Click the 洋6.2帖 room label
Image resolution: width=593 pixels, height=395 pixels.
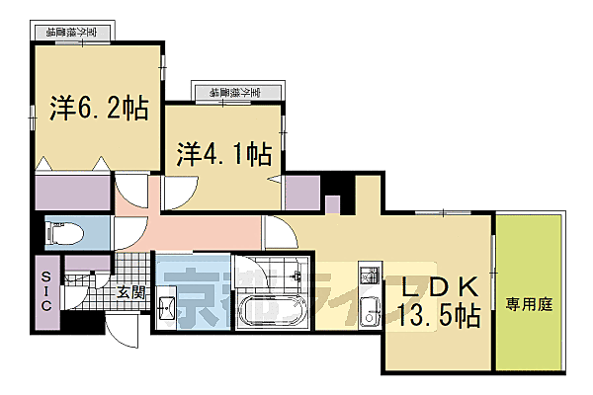click(x=98, y=108)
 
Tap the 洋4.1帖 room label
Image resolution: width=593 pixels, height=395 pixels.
click(x=224, y=153)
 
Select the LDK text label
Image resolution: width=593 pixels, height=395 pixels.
click(x=442, y=287)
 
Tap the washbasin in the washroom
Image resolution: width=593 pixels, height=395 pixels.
click(x=167, y=308)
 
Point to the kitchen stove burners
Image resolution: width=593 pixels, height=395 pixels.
click(x=367, y=274)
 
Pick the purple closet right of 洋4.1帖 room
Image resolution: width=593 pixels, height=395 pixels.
click(x=300, y=192)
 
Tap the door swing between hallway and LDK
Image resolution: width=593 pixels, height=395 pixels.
click(x=276, y=235)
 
